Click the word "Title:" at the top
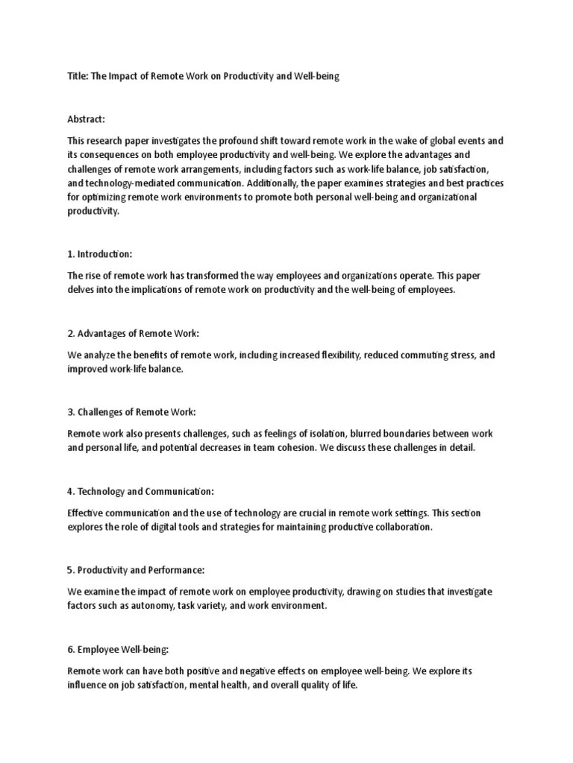click(77, 77)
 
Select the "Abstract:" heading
click(86, 119)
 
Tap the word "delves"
click(80, 289)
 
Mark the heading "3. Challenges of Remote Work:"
click(132, 411)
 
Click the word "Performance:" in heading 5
click(177, 570)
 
